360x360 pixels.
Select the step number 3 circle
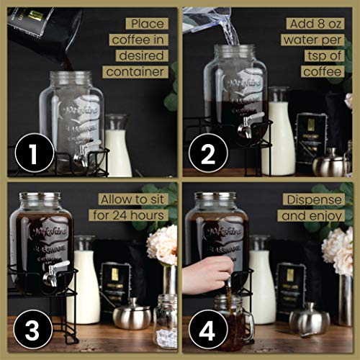click(x=32, y=333)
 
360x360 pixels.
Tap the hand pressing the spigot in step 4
click(x=206, y=272)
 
